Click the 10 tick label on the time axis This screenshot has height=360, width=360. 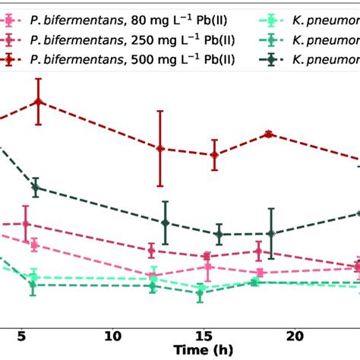click(x=113, y=336)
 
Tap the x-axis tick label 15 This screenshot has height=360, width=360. click(x=204, y=336)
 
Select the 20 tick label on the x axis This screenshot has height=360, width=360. click(x=295, y=336)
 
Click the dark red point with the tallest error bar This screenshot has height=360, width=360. click(x=159, y=149)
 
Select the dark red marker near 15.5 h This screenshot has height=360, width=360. click(x=214, y=155)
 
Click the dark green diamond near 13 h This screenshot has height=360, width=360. click(x=165, y=223)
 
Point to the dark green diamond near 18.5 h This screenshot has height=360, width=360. click(x=270, y=234)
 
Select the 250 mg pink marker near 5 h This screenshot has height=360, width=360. click(x=26, y=223)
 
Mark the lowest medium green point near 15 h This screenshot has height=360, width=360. click(x=201, y=292)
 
